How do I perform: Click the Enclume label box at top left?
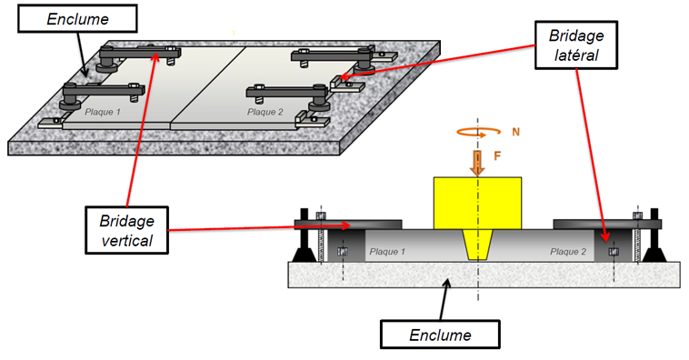(x=77, y=18)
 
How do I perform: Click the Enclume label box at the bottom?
(x=440, y=335)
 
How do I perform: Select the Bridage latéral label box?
(x=576, y=45)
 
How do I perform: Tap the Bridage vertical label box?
(x=126, y=230)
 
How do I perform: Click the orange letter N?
(x=515, y=132)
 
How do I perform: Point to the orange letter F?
(x=497, y=156)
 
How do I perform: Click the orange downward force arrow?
(x=477, y=163)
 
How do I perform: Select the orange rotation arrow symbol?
(x=478, y=132)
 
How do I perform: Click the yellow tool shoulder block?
(x=477, y=203)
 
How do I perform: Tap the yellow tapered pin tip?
(x=477, y=245)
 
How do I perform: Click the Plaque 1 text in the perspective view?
(x=103, y=112)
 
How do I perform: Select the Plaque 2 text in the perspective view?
(x=265, y=112)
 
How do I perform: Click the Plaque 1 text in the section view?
(x=387, y=252)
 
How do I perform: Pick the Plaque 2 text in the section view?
(x=568, y=252)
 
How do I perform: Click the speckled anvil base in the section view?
(x=484, y=275)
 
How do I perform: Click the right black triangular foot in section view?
(x=654, y=255)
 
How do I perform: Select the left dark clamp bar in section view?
(x=347, y=225)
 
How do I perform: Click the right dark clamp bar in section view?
(x=607, y=225)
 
